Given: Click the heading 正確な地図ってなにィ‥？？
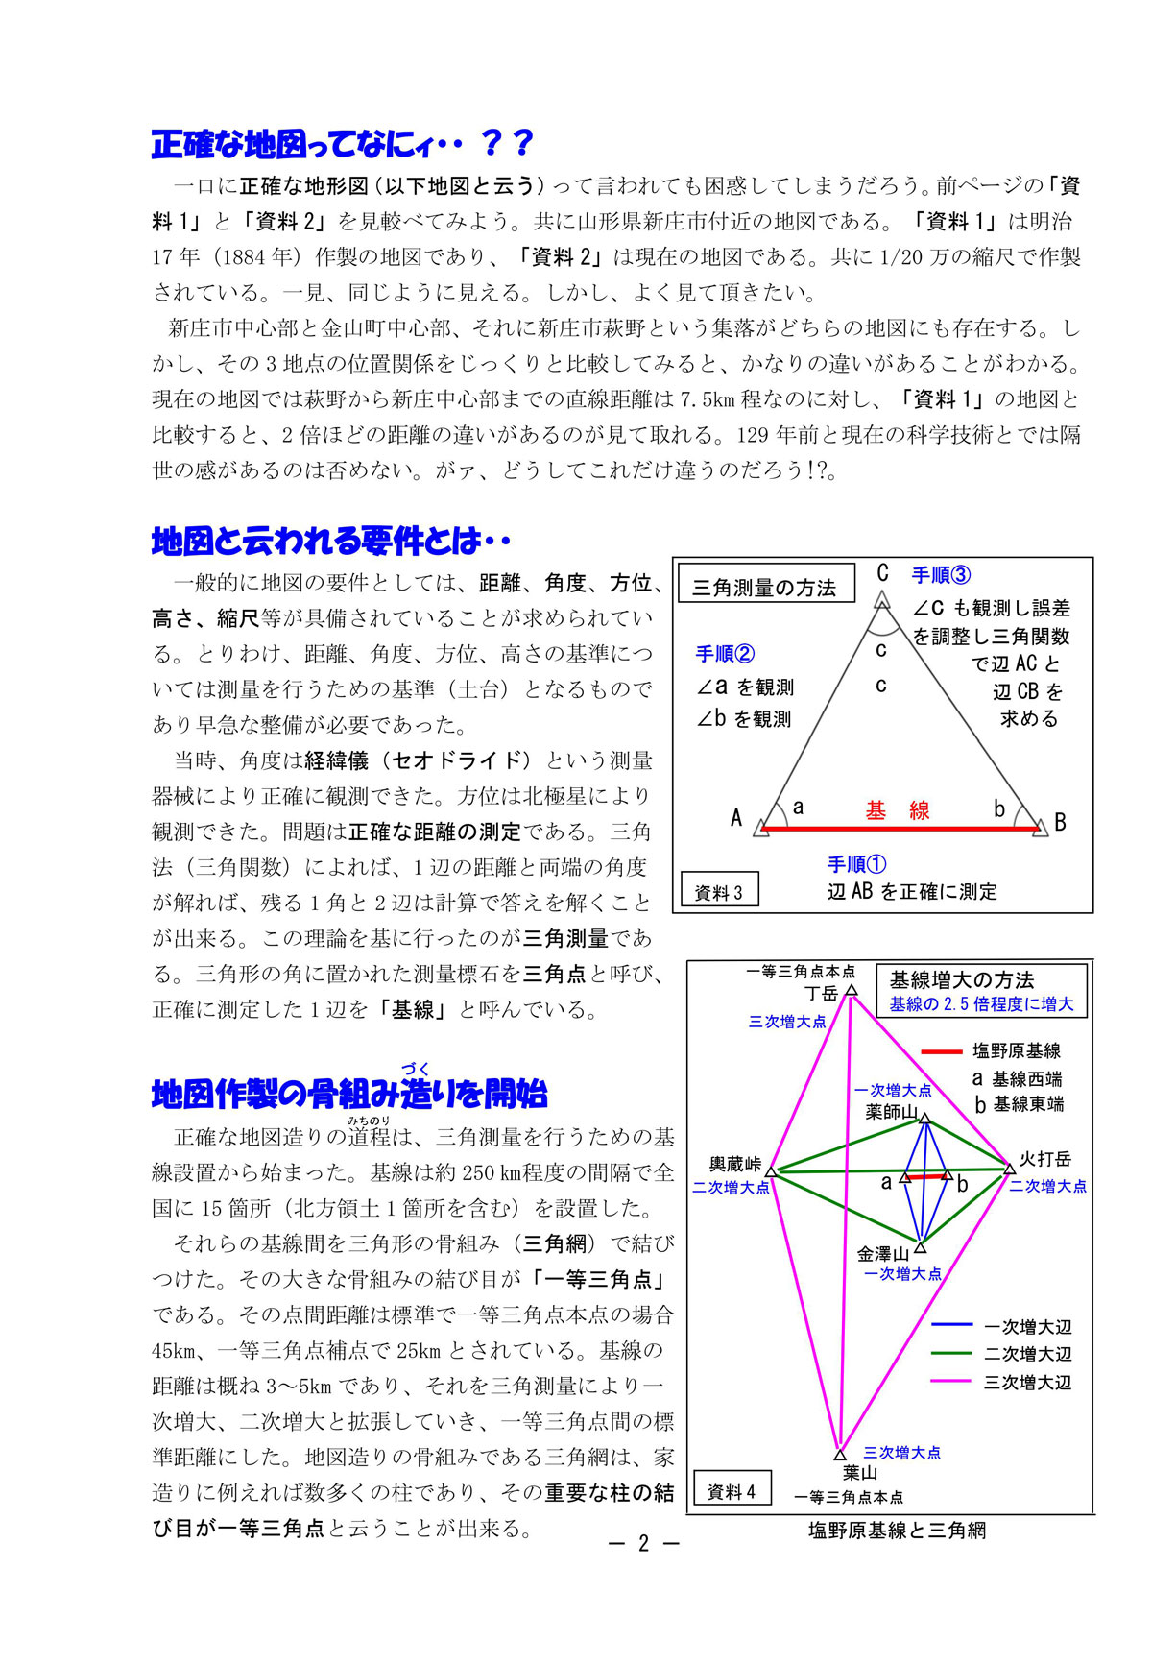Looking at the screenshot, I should [x=342, y=144].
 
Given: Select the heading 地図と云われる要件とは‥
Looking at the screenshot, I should [x=330, y=542].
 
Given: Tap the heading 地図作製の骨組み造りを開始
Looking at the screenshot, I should [x=349, y=1094].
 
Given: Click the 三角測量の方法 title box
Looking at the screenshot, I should [x=765, y=587].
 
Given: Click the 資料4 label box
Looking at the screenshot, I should [x=732, y=1492].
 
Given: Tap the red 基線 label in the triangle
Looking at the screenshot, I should [x=898, y=810].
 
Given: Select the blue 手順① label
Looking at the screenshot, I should [x=856, y=863].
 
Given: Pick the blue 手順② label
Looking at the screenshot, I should [x=725, y=654].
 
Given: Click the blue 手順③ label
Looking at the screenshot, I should [x=941, y=575].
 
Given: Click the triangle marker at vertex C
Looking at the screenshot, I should [x=882, y=599].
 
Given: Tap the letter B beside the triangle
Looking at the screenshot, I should [x=1060, y=822].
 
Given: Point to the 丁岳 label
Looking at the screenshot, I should [x=822, y=993].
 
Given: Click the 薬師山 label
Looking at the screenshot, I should [x=891, y=1112].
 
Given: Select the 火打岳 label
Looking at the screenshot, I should [x=1044, y=1159].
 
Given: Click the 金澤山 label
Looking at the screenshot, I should [x=882, y=1254].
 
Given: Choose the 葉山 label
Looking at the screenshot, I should [x=860, y=1473].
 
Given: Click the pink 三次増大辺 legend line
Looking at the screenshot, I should [x=953, y=1382].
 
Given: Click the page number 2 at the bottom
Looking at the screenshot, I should [x=643, y=1543].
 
